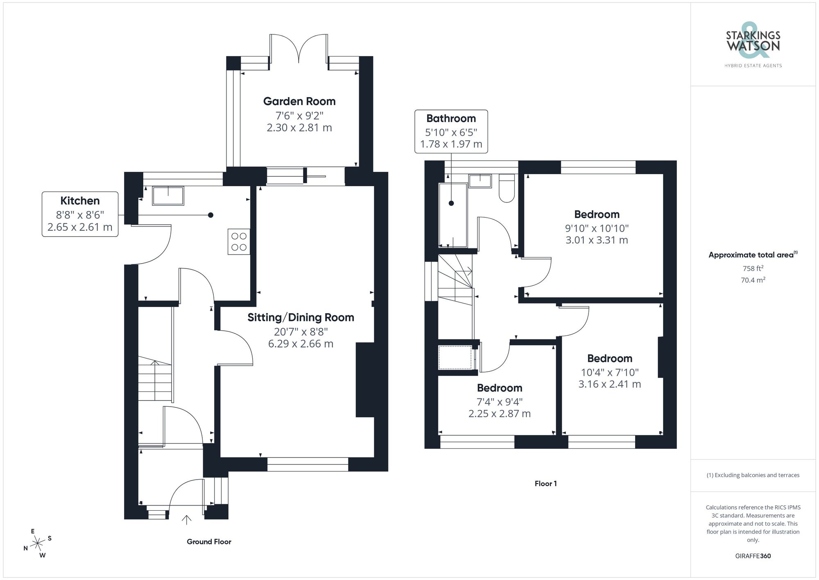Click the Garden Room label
pos(299,101)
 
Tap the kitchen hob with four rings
pos(239,242)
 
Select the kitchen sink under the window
pos(168,196)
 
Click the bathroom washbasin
pos(480,181)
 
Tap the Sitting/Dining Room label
pos(301,317)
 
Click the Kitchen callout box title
pos(80,200)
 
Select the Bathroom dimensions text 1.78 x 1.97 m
pos(451,144)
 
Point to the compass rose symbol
pos(38,544)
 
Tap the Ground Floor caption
pos(209,541)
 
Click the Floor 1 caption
pos(545,484)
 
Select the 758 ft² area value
pos(753,268)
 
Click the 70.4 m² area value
pos(753,280)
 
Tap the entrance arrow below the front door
pos(186,520)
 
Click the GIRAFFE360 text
pos(753,556)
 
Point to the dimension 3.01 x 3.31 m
pos(596,240)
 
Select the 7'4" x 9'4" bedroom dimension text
pos(499,402)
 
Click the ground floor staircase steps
pos(154,379)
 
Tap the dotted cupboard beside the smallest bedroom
pos(455,357)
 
